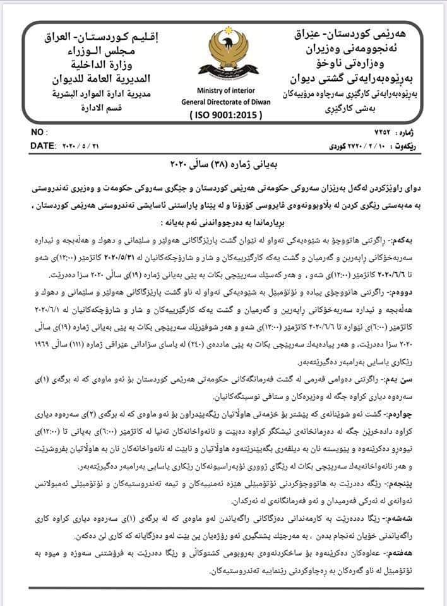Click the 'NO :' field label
[39, 133]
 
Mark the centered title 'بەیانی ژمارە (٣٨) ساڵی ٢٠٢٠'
[224, 165]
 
